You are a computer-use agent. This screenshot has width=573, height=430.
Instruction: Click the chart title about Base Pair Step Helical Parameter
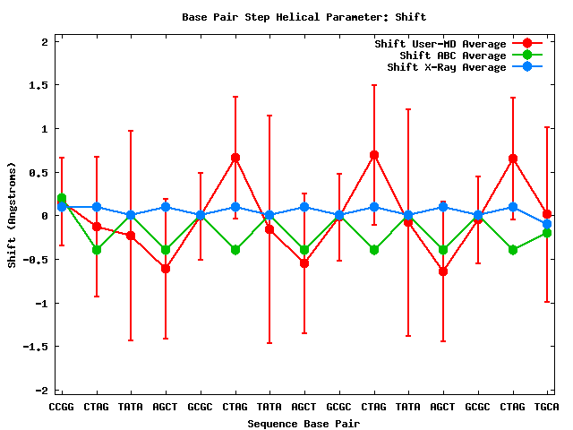[x=304, y=16]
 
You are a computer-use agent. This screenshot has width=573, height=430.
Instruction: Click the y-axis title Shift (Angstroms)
[x=12, y=215]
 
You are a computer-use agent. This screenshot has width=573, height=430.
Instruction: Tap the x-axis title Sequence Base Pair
[x=304, y=423]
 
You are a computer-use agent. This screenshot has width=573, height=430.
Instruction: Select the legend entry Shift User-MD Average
[x=440, y=44]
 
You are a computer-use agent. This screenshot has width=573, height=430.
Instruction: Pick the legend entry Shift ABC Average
[x=447, y=56]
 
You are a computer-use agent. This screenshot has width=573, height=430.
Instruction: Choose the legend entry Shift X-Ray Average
[x=447, y=67]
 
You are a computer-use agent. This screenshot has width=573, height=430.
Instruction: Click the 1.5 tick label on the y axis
[x=38, y=85]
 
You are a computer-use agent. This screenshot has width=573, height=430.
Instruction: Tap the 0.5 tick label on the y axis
[x=38, y=172]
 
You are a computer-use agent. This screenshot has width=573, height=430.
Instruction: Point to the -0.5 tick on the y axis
[x=35, y=260]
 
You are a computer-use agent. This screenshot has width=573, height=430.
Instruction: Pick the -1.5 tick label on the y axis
[x=35, y=347]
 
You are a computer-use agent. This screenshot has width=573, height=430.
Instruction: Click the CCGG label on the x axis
[x=62, y=407]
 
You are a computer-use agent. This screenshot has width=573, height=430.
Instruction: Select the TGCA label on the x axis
[x=547, y=407]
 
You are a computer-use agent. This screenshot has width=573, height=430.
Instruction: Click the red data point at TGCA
[x=547, y=214]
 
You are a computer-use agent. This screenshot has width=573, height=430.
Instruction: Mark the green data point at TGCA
[x=547, y=233]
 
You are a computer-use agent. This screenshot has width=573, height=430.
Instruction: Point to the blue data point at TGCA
[x=547, y=224]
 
